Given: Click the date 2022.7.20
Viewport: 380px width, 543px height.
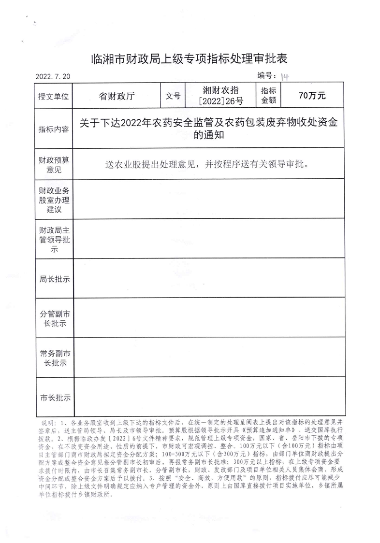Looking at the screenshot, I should coord(53,76).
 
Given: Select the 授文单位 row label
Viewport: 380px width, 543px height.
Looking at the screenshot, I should coord(54,96).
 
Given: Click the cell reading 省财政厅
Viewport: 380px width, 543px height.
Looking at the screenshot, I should coord(117,96).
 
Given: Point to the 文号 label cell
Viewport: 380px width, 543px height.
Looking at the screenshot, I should coord(173,96).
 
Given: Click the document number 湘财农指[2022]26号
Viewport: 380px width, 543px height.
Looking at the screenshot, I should coord(220,96).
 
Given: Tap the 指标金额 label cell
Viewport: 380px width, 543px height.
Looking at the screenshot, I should coord(268,96).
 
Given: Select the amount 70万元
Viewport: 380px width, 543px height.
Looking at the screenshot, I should coord(312,96).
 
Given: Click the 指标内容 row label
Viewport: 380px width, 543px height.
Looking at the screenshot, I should coord(54,129).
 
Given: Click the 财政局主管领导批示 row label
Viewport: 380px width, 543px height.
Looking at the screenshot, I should coord(54,239).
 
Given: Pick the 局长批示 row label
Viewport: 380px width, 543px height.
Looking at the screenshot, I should coord(54,279).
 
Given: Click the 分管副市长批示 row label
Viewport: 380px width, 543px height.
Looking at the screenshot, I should coord(54,318).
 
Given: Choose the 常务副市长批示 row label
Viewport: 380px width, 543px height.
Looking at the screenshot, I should coord(54,358).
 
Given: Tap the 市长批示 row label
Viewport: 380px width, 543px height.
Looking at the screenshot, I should coord(54,398).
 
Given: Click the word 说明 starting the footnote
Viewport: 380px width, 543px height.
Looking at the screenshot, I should coord(49,422).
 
